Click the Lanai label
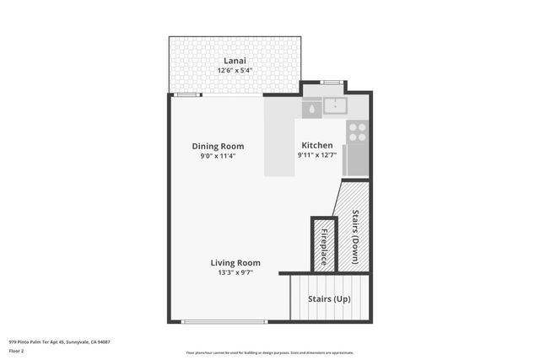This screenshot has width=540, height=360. [x=235, y=61]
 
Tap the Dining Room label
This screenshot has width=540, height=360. [x=218, y=146]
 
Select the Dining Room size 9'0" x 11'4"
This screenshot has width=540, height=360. [x=218, y=155]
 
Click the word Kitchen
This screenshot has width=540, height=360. [x=317, y=145]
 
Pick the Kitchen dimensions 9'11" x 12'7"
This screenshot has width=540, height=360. [x=317, y=155]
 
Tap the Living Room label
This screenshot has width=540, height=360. [x=235, y=262]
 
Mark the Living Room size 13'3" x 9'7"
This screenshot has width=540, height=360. [x=235, y=272]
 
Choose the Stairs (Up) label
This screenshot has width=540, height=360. [x=329, y=298]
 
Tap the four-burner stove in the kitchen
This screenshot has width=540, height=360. [x=357, y=132]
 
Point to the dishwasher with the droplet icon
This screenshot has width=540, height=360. [x=312, y=108]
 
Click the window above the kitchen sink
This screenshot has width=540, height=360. [x=332, y=82]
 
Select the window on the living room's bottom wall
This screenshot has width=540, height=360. [x=224, y=321]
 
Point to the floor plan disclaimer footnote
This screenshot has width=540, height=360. [x=270, y=352]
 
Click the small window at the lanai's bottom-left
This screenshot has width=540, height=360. [x=187, y=94]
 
